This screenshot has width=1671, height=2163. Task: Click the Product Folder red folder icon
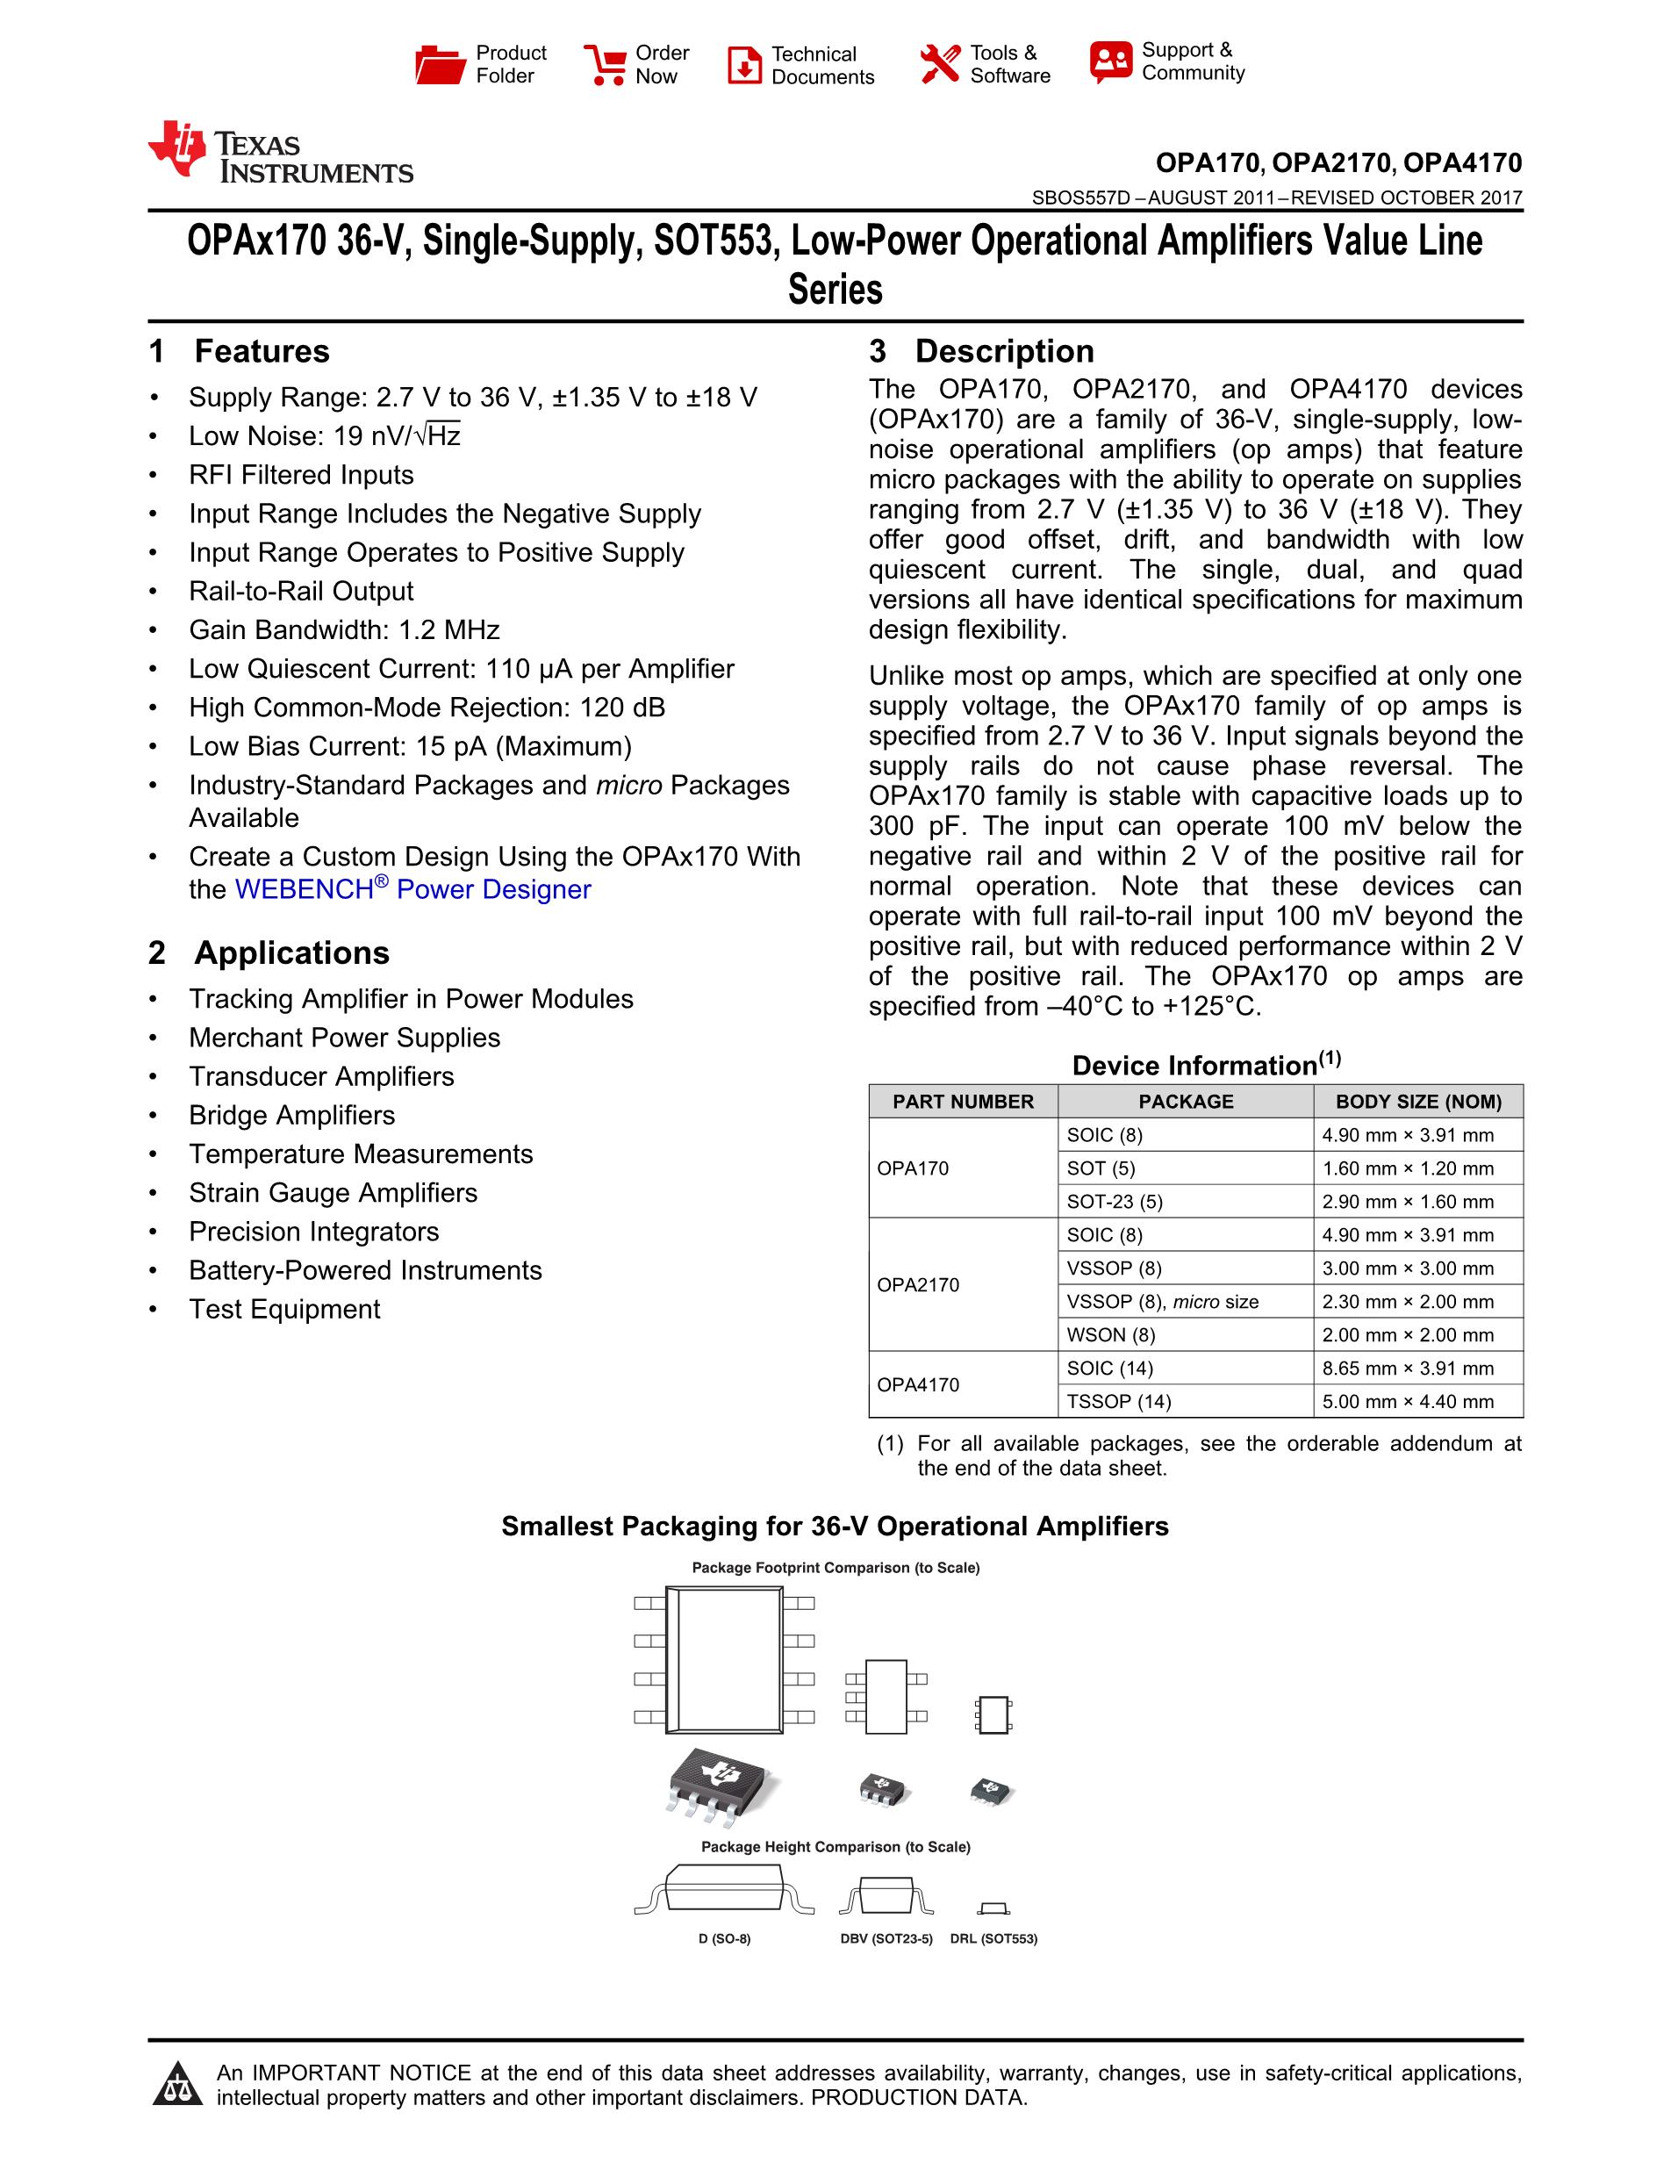click(440, 64)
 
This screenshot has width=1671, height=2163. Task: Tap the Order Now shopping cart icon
click(604, 64)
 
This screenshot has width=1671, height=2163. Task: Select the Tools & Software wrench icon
click(939, 64)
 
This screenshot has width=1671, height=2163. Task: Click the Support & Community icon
click(1111, 61)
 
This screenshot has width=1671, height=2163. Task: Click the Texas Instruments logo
click(280, 153)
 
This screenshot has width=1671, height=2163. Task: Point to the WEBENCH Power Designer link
click(412, 889)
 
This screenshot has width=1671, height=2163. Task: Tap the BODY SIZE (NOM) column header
click(1417, 1102)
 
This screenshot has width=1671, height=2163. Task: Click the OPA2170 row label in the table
click(918, 1284)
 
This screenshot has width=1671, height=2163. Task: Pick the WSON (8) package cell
click(1111, 1335)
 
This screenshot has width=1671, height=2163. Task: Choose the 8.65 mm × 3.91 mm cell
click(1408, 1368)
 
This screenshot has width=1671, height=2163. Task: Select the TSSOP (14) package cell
click(1119, 1401)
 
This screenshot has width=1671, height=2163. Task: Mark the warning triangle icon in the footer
click(177, 2084)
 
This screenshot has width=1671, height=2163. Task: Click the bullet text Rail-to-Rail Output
click(301, 592)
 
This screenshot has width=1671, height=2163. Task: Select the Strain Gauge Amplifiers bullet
click(333, 1192)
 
